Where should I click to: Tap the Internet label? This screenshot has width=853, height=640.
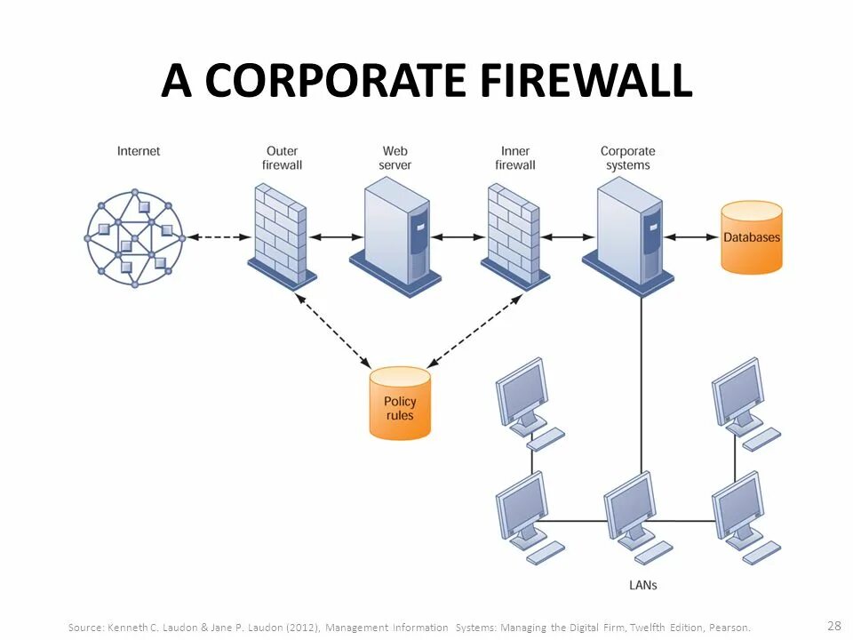click(x=139, y=151)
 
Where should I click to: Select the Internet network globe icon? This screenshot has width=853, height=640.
click(x=135, y=237)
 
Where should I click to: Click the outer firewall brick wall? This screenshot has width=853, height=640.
click(x=280, y=233)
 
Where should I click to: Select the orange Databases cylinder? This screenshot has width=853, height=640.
click(x=751, y=237)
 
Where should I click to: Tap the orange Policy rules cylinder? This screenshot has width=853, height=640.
click(x=400, y=404)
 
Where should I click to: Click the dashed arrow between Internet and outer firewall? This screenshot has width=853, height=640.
click(x=217, y=237)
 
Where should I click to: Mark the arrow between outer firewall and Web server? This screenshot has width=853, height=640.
click(x=334, y=237)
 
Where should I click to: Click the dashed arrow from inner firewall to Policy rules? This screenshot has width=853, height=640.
click(x=474, y=331)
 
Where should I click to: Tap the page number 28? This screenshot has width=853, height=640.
click(x=833, y=625)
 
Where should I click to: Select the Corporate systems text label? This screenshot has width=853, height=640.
click(x=627, y=158)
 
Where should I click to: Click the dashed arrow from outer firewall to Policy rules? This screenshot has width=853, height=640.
click(x=334, y=331)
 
